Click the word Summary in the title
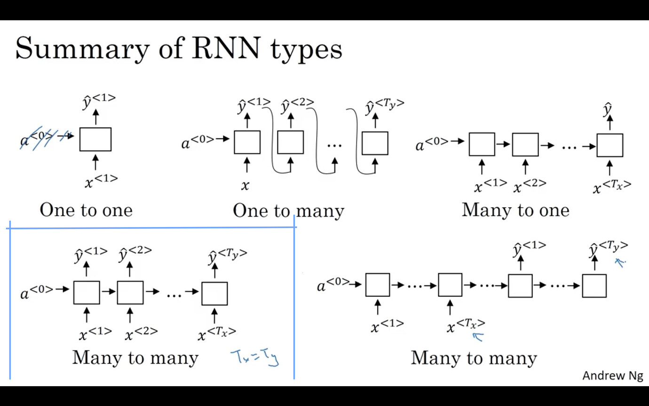pos(82,49)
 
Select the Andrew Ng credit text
pos(612,375)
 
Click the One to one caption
pos(86,210)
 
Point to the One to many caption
pos(288,211)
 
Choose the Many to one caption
pos(515,210)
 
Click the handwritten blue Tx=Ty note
pos(254,357)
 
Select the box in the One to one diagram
pos(95,139)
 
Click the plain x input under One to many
pos(245,186)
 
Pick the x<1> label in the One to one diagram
pos(101,181)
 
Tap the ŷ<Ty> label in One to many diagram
pos(384,107)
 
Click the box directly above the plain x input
pos(247,142)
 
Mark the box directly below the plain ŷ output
pos(609,146)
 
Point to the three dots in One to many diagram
pos(334,146)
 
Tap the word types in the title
pos(306,49)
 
